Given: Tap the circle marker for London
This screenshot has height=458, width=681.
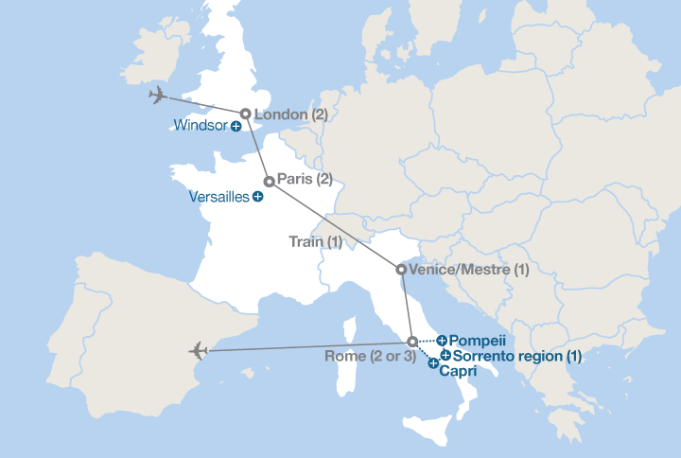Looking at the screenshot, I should (x=246, y=114).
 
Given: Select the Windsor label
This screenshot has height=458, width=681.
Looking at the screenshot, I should (x=201, y=125).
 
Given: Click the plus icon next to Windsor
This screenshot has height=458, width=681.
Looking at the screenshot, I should (x=236, y=126).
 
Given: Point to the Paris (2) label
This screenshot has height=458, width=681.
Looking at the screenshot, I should (x=305, y=179).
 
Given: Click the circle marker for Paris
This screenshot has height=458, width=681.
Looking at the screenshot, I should (x=269, y=181).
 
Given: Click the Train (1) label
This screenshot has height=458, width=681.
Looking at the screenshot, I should (x=315, y=242).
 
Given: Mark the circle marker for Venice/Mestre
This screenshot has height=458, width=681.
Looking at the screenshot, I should (x=401, y=270).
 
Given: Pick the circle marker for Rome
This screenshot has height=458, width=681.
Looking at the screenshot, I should (x=411, y=341).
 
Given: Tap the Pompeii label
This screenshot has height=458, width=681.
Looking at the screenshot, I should (x=479, y=340).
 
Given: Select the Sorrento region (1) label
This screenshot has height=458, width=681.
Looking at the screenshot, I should (x=517, y=356).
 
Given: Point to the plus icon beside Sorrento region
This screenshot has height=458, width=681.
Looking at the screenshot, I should (x=445, y=355).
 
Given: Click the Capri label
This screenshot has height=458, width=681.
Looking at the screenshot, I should (x=458, y=372).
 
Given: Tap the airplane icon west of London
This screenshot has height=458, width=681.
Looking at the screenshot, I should (x=158, y=95).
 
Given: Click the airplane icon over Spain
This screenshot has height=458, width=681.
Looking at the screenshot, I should (x=198, y=351).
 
